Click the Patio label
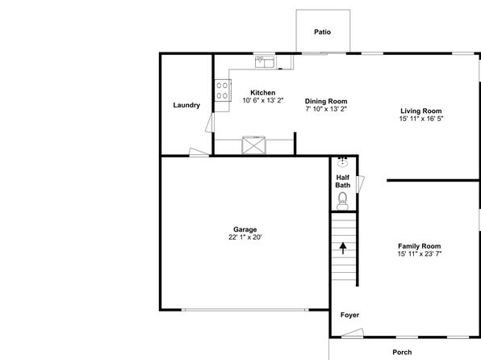point(322,32)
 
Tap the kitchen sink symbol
point(265,61)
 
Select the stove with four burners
point(223,90)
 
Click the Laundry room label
point(186,105)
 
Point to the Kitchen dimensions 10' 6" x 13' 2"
point(263,100)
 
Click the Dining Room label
point(326,101)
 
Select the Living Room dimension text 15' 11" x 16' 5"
point(421,119)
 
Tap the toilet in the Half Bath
point(343,201)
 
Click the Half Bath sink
point(342,161)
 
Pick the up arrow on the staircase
point(343,249)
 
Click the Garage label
point(245,229)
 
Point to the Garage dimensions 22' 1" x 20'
point(245,237)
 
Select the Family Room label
point(420,246)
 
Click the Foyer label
point(349,315)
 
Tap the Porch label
point(402,352)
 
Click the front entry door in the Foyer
point(353,333)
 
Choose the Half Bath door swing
point(360,184)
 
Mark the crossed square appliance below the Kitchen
point(253,145)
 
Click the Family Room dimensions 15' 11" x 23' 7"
point(420,253)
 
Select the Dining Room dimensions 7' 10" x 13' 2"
point(326,109)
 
